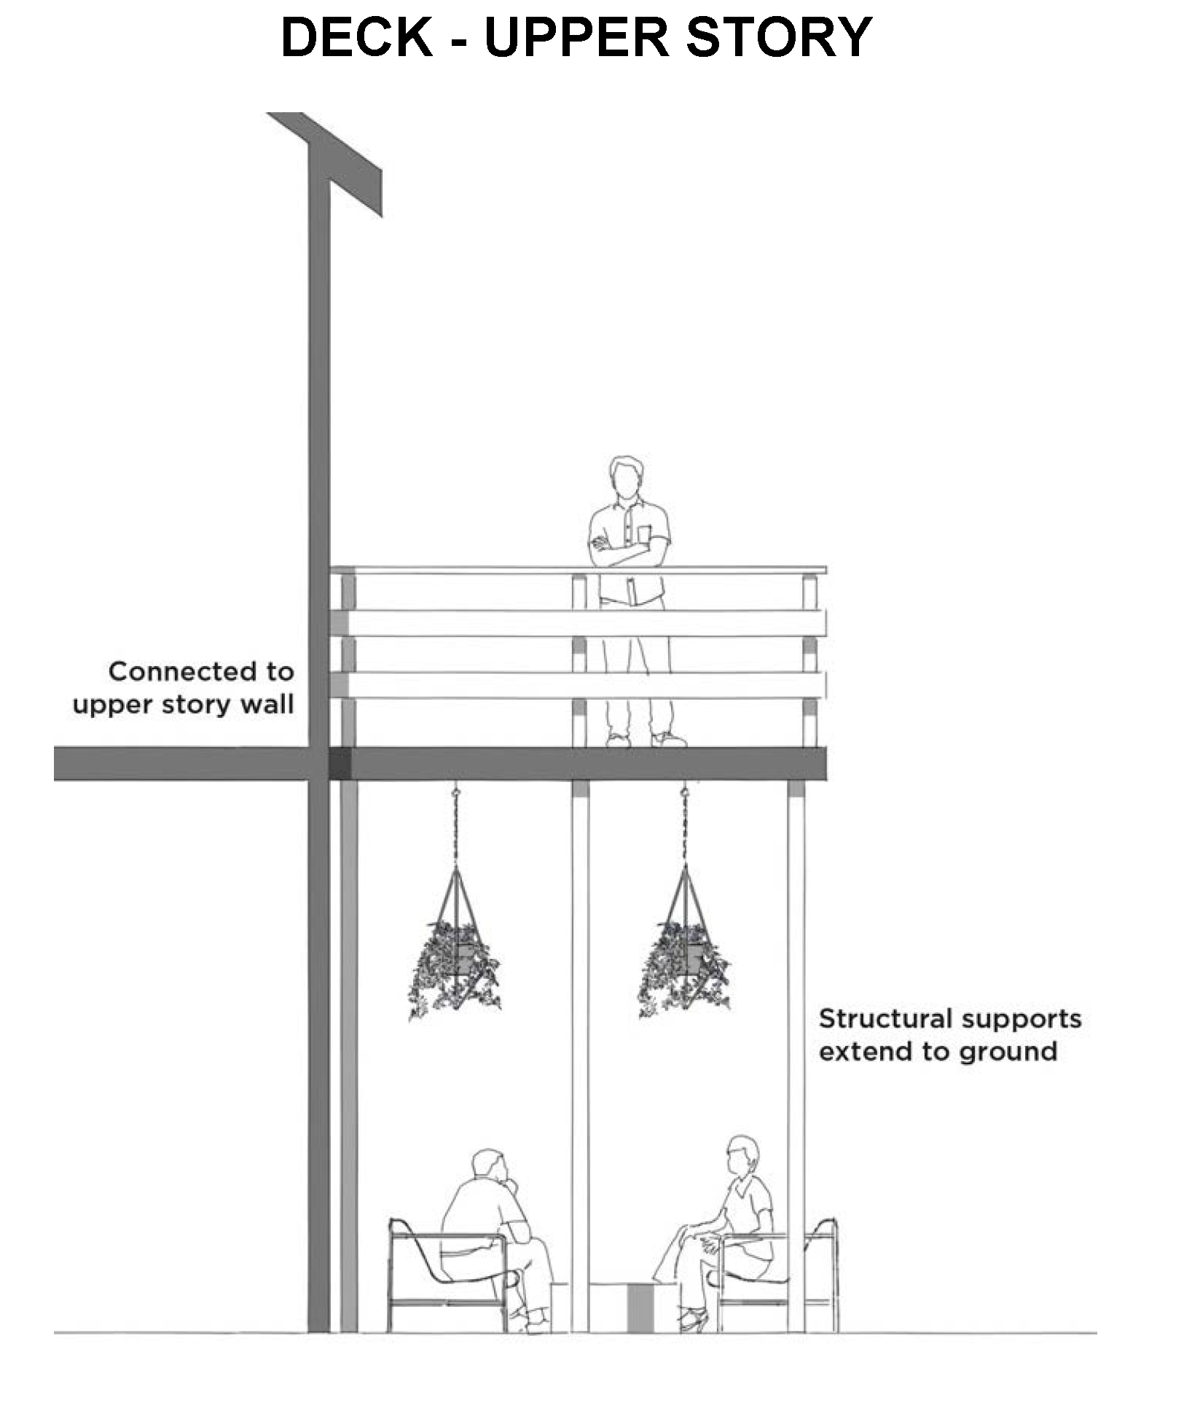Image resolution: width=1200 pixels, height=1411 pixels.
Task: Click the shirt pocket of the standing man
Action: click(645, 534)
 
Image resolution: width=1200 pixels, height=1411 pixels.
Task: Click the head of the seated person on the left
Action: click(489, 1169)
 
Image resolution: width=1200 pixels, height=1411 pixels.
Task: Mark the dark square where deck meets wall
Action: click(340, 764)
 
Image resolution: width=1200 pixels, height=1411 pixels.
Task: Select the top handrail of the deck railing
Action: click(579, 570)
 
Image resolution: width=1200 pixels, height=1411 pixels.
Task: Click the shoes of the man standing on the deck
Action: click(647, 740)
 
